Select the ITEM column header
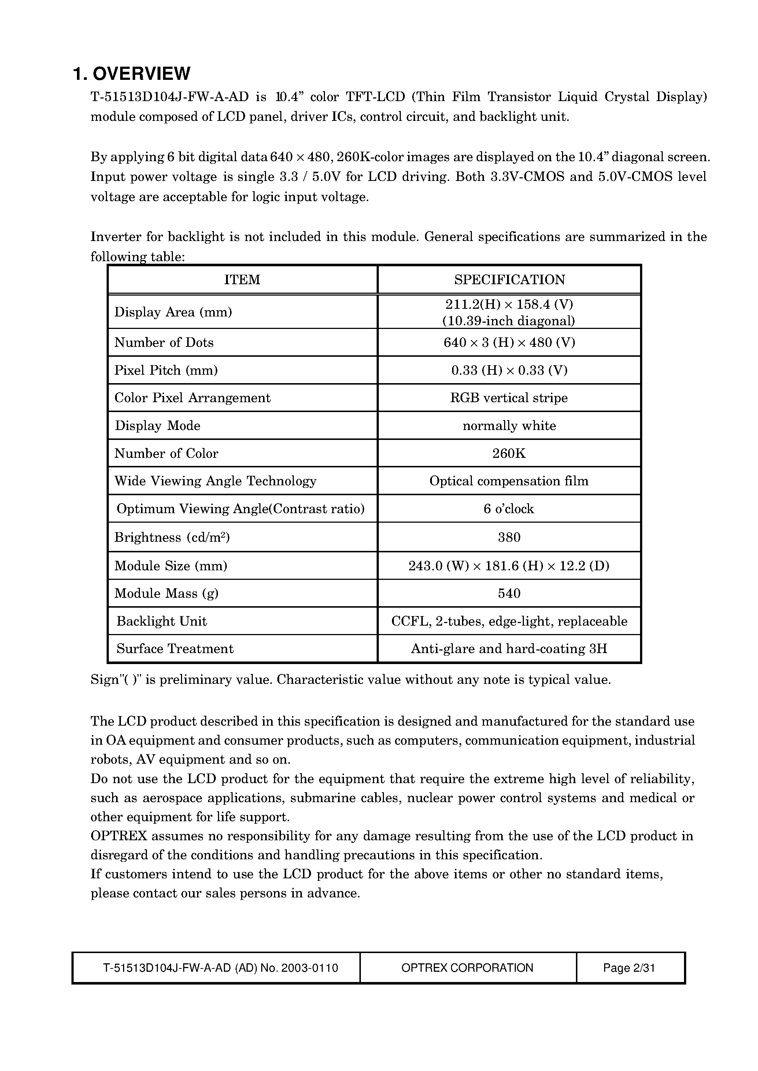pyautogui.click(x=242, y=279)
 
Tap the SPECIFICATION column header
pyautogui.click(x=509, y=279)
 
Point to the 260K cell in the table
pyautogui.click(x=509, y=453)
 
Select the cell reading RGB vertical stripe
pyautogui.click(x=509, y=398)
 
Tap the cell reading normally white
pyautogui.click(x=509, y=426)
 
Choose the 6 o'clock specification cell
pyautogui.click(x=509, y=509)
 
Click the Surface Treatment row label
pyautogui.click(x=175, y=649)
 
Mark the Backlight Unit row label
pyautogui.click(x=162, y=621)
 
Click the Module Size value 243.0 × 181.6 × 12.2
pyautogui.click(x=509, y=566)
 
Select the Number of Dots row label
pyautogui.click(x=164, y=342)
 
